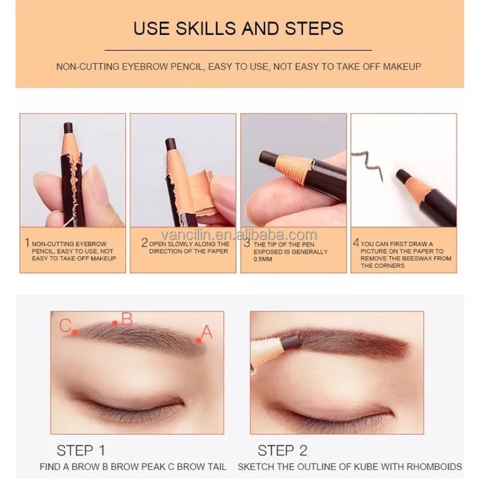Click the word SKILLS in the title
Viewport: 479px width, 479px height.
point(205,28)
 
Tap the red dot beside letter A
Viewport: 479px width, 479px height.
point(199,340)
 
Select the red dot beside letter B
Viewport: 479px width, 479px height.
point(115,323)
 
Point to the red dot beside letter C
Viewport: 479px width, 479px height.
point(75,333)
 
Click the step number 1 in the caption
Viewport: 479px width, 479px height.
point(27,243)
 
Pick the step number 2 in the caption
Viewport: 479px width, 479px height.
point(144,243)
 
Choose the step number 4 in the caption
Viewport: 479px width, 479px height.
point(356,242)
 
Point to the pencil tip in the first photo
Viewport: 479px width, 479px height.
point(68,128)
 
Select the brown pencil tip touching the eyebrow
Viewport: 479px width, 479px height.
point(292,342)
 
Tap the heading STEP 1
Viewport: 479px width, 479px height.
point(81,451)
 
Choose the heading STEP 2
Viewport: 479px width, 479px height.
point(282,451)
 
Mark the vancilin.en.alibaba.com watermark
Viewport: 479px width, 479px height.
point(239,235)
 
